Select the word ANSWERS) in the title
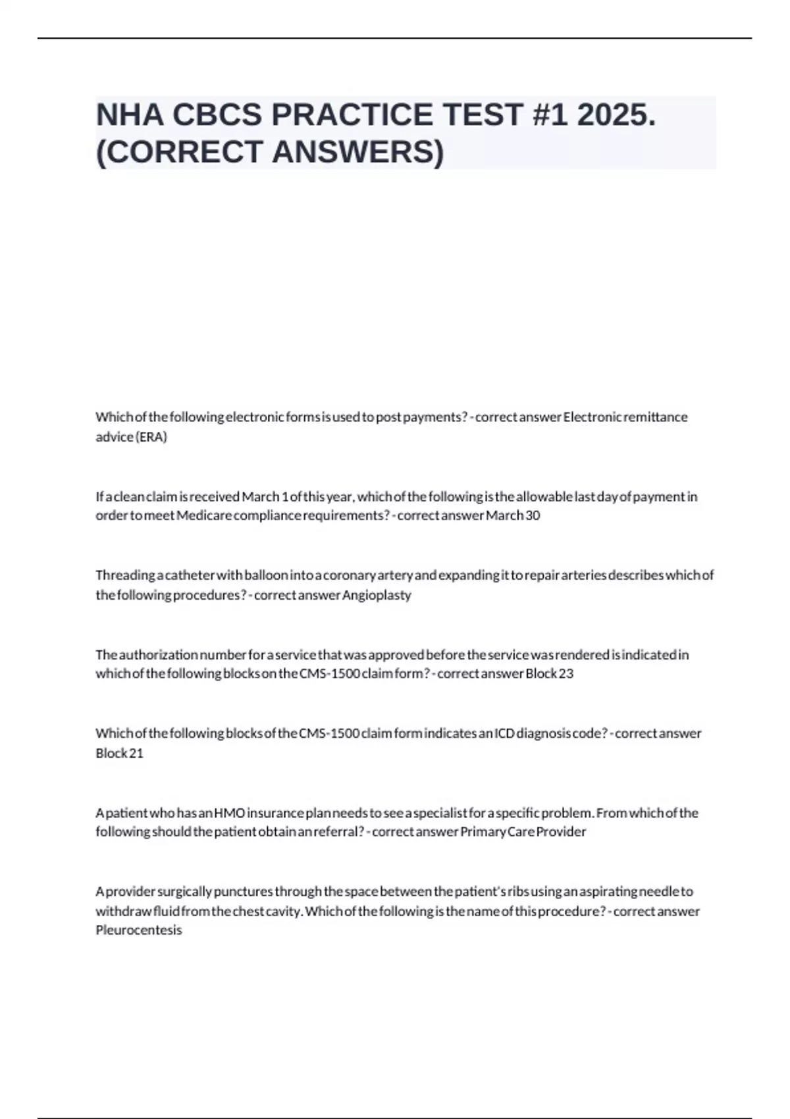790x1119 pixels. tap(358, 152)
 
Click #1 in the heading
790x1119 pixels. tap(546, 115)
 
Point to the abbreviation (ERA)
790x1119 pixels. tap(151, 437)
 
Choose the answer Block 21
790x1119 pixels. tap(119, 753)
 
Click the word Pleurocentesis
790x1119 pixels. tap(139, 930)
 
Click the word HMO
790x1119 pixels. tap(229, 813)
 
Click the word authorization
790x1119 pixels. tap(159, 654)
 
